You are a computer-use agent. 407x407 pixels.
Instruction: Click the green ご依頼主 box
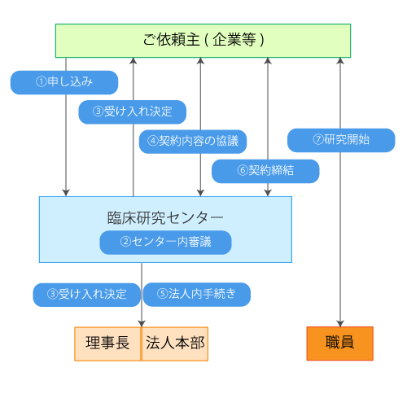(203, 41)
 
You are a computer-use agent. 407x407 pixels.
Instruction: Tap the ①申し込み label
(64, 82)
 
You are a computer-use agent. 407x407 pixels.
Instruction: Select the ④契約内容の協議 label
(193, 141)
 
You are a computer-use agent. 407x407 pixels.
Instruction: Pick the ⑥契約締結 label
(265, 171)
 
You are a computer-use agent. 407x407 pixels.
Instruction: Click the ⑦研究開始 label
(341, 140)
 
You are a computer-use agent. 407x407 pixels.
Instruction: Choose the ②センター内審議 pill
(165, 243)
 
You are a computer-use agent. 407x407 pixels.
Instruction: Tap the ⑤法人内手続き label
(196, 294)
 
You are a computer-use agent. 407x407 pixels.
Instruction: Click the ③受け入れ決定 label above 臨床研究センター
(132, 112)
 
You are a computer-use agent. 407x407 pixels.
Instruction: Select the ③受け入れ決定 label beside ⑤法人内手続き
(86, 294)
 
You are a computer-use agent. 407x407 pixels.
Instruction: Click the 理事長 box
(107, 344)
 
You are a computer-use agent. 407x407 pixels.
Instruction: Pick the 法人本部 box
(175, 344)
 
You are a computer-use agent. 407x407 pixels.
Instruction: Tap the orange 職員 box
(339, 344)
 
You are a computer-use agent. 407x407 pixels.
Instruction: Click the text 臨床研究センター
(165, 218)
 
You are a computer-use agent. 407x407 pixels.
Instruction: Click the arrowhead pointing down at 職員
(340, 322)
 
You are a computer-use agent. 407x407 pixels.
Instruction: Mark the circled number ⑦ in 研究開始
(318, 140)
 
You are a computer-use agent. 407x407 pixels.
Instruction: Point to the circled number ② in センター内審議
(125, 243)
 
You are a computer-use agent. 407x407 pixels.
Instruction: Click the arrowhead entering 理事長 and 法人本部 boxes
(142, 322)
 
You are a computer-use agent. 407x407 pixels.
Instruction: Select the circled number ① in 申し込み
(42, 82)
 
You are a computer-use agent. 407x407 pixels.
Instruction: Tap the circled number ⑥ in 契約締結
(242, 171)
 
